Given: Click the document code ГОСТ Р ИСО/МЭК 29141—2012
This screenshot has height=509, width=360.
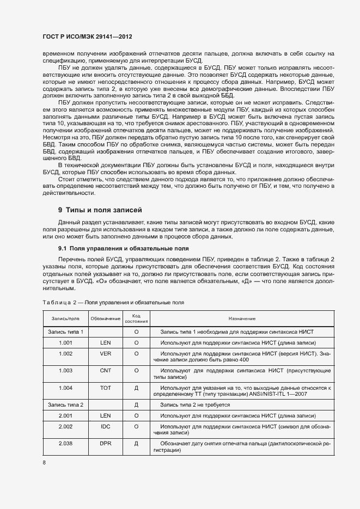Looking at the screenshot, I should click(x=88, y=36).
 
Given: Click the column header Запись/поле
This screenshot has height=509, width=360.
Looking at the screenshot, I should click(x=65, y=318).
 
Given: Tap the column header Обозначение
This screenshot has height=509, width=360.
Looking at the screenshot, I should click(x=106, y=318).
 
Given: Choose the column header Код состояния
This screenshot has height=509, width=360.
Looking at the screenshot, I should click(x=136, y=318).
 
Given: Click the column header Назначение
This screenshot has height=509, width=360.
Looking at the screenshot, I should click(x=242, y=318).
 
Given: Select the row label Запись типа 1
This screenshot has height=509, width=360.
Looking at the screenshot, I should click(x=65, y=332).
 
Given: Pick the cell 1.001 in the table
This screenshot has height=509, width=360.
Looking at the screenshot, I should click(x=65, y=342).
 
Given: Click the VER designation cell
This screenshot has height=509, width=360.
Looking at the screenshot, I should click(x=106, y=354).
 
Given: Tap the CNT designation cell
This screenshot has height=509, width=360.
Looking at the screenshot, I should click(x=106, y=371).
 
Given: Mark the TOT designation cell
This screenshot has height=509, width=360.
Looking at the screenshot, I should click(x=106, y=388).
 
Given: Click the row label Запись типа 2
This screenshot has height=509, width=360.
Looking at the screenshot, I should click(x=65, y=405).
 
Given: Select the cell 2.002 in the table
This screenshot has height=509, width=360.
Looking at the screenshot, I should click(x=65, y=427).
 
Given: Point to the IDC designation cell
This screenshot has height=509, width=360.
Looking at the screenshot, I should click(x=106, y=427).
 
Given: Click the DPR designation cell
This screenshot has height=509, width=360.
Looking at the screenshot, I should click(x=106, y=445).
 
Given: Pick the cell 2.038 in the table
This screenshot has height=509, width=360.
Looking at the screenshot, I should click(x=65, y=445).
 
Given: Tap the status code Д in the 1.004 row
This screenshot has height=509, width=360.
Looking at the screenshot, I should click(x=136, y=388).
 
